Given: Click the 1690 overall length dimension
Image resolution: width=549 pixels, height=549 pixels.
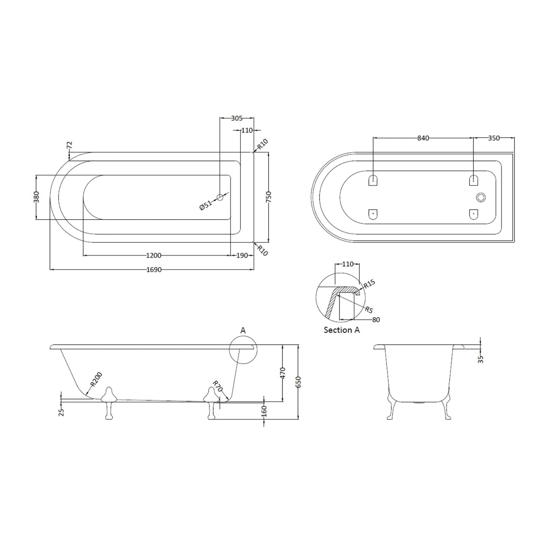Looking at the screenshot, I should click(x=154, y=270).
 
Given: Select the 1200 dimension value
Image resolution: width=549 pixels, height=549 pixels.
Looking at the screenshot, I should click(x=153, y=255).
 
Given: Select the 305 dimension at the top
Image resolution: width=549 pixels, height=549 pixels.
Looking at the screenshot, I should click(x=237, y=118).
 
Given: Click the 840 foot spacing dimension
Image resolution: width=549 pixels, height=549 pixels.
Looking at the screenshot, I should click(x=423, y=138).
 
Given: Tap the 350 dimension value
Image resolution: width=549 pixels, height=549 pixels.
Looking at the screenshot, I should click(x=494, y=138).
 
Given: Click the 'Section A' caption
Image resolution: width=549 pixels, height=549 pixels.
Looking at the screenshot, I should click(x=341, y=330).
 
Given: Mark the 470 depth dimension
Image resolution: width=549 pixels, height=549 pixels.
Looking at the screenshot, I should click(x=283, y=373).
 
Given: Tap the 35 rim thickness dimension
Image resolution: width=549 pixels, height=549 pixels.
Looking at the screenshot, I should click(x=481, y=359).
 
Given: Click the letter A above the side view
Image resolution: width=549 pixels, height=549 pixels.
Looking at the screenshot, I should click(x=243, y=330).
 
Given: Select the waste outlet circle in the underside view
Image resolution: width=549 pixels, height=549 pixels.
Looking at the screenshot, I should click(x=481, y=197).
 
